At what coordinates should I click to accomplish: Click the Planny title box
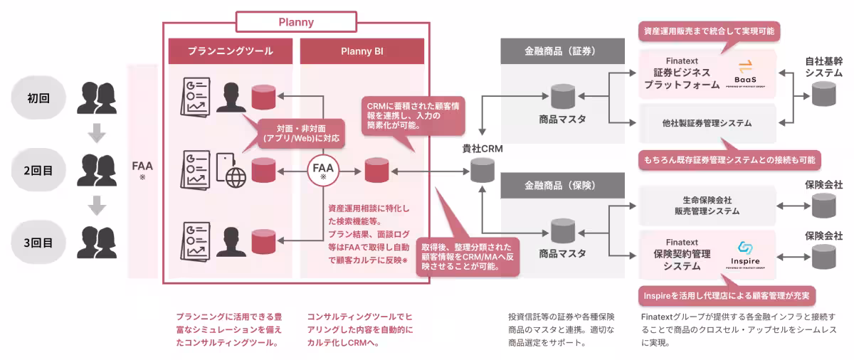295,22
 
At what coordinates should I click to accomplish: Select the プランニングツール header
230,51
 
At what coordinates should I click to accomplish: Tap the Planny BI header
362,51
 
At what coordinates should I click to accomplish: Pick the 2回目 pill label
39,171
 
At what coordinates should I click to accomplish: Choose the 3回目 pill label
39,243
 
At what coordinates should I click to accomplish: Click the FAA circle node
324,171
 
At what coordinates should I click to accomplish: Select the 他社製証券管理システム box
706,123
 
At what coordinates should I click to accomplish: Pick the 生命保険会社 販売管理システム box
706,206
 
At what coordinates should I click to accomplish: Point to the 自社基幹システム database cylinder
823,93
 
